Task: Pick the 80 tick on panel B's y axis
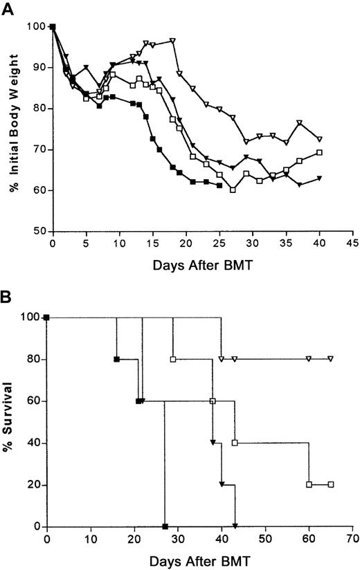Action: (33, 360)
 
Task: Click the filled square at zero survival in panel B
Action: (165, 526)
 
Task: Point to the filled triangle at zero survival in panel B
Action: (235, 526)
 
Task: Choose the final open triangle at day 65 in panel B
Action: (331, 359)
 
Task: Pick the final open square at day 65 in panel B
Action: (331, 484)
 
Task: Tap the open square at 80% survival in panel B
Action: (173, 359)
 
